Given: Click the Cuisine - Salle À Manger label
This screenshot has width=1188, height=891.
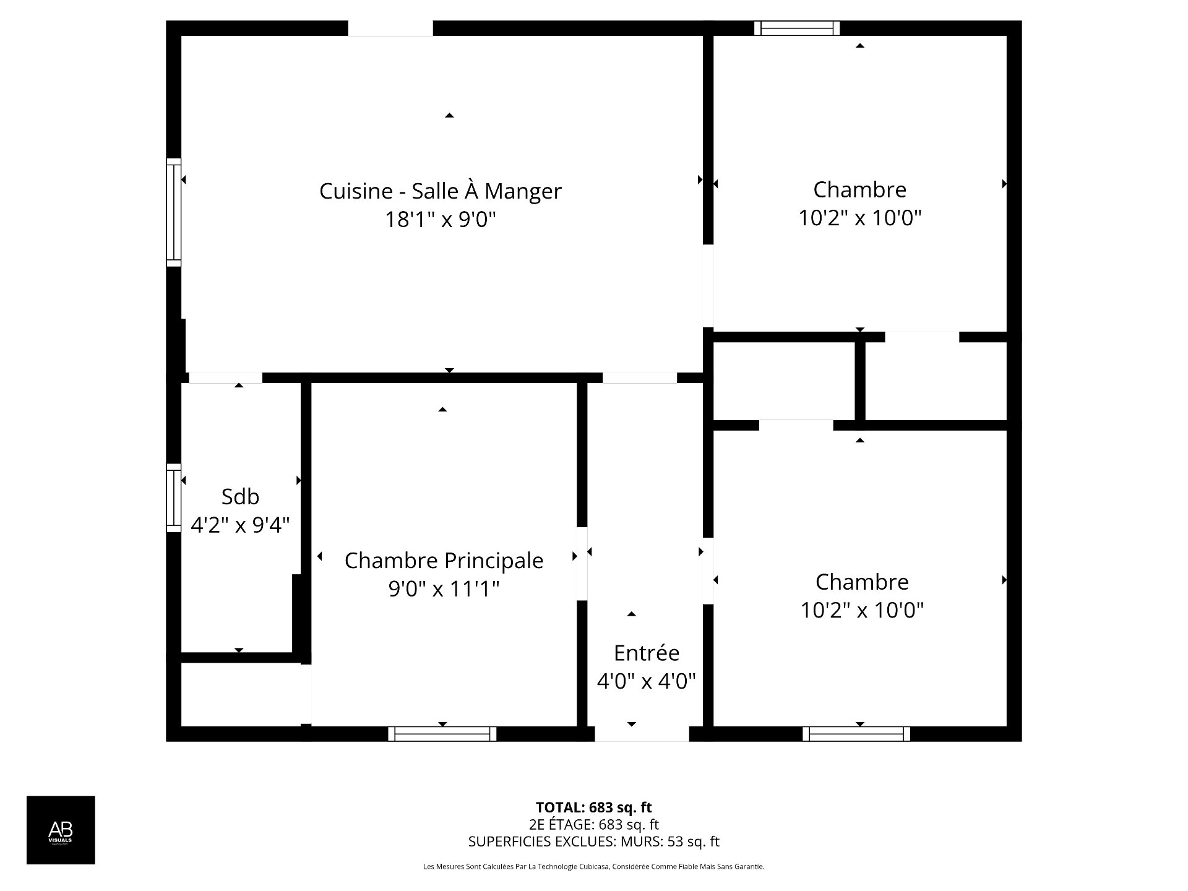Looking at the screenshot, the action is pyautogui.click(x=440, y=191).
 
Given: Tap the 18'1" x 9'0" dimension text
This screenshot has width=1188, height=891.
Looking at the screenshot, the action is pyautogui.click(x=441, y=219).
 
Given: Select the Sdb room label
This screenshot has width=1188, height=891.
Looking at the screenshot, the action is pyautogui.click(x=240, y=496).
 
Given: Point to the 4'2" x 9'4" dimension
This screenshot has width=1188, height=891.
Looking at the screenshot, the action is pyautogui.click(x=240, y=525).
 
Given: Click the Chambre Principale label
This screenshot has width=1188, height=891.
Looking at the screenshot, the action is pyautogui.click(x=444, y=561).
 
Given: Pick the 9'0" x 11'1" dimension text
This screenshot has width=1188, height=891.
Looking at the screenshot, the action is pyautogui.click(x=444, y=588).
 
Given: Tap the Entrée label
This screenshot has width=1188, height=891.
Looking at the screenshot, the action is pyautogui.click(x=646, y=653).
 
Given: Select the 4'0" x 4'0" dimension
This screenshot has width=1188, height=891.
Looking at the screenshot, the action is pyautogui.click(x=646, y=681).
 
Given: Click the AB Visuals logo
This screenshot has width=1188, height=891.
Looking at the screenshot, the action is pyautogui.click(x=61, y=830).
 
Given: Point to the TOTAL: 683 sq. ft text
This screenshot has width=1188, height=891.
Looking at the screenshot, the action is pyautogui.click(x=594, y=807).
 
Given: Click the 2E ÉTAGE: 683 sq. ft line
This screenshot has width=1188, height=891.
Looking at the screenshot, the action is pyautogui.click(x=594, y=824).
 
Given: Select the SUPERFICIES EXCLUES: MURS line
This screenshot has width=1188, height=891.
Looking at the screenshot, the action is pyautogui.click(x=594, y=841).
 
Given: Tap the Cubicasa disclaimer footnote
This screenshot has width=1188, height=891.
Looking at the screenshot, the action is pyautogui.click(x=594, y=867).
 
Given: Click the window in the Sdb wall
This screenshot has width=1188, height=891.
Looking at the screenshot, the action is pyautogui.click(x=174, y=498).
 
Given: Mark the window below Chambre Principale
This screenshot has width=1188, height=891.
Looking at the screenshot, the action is pyautogui.click(x=442, y=734).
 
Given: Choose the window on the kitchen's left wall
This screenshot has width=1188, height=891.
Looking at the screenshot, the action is pyautogui.click(x=174, y=212).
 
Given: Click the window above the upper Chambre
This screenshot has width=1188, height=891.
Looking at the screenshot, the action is pyautogui.click(x=797, y=28).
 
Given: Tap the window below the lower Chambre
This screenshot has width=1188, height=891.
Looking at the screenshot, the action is pyautogui.click(x=856, y=734).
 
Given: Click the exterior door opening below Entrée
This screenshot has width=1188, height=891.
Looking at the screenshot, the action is pyautogui.click(x=642, y=734).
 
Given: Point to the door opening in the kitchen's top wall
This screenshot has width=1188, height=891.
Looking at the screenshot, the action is pyautogui.click(x=390, y=28).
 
